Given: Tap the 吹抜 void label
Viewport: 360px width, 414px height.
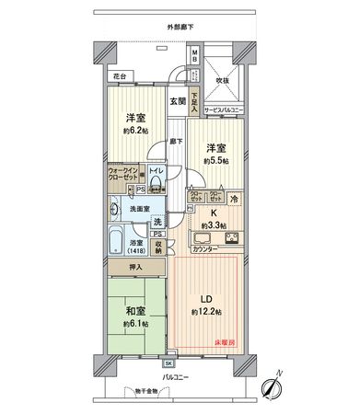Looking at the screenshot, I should point(222,80).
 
